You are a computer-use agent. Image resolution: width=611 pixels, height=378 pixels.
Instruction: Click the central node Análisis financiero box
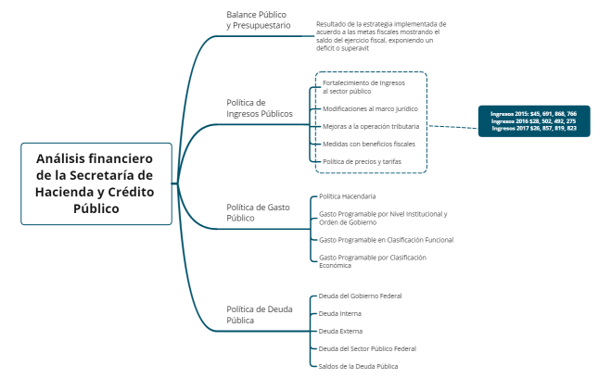[96, 183]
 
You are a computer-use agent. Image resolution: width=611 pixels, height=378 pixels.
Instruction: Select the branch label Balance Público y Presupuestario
[257, 20]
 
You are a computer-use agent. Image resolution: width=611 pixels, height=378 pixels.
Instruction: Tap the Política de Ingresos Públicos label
[259, 107]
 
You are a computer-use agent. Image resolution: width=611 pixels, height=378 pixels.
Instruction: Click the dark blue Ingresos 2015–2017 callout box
[533, 120]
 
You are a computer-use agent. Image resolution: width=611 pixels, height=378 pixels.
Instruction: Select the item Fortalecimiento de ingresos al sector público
[363, 87]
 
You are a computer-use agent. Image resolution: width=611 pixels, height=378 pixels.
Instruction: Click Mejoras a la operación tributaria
[370, 126]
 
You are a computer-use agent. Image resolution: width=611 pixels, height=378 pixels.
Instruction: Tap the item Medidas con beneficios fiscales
[368, 144]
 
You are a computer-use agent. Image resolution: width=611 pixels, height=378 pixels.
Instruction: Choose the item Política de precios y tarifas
[362, 161]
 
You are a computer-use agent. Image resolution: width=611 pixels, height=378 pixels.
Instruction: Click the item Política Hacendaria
[347, 196]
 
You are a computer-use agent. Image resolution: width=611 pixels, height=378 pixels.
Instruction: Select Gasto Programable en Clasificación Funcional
[386, 240]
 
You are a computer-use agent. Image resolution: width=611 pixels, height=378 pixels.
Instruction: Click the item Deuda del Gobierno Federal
[360, 296]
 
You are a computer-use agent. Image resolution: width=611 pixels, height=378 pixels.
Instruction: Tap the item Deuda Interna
[339, 314]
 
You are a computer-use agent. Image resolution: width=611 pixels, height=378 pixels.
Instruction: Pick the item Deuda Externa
[339, 331]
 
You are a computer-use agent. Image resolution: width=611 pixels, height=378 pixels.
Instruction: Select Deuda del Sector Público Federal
[366, 348]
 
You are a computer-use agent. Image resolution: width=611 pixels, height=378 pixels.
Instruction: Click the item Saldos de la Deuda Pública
[358, 366]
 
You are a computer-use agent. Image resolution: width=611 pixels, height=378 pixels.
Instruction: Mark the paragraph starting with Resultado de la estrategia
[380, 36]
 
